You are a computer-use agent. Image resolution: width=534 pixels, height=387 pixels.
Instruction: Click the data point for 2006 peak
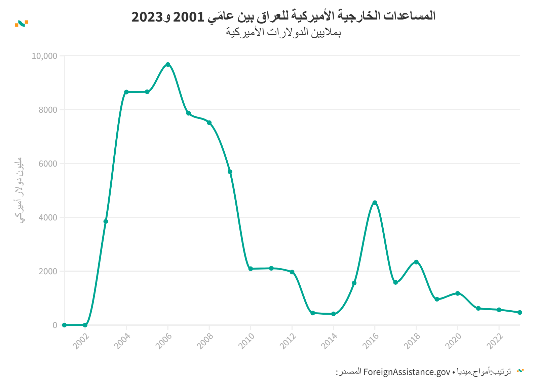tap(168, 64)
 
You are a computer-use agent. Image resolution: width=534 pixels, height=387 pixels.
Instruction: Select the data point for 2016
tap(375, 203)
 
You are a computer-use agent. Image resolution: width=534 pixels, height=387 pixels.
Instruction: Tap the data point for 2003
tap(106, 221)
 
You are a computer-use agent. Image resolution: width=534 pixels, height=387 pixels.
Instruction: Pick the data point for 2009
tap(230, 172)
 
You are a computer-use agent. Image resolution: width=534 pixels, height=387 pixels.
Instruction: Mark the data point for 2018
tap(416, 262)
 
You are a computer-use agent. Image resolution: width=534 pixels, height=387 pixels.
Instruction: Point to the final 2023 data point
tap(520, 312)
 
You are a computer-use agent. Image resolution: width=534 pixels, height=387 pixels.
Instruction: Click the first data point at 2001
tap(64, 325)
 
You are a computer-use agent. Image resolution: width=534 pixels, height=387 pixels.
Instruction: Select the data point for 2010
tap(251, 269)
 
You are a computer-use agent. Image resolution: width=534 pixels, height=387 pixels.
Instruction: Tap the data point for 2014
tap(333, 314)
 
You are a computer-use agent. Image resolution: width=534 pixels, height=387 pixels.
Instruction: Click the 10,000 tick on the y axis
tap(44, 56)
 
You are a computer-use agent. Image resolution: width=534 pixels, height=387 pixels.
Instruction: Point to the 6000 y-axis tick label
tap(48, 164)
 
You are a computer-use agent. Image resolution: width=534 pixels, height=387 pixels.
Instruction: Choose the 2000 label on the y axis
tap(48, 271)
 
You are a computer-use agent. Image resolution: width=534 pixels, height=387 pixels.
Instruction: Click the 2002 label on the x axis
tap(81, 341)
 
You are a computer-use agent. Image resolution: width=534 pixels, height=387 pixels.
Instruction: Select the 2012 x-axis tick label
tap(288, 341)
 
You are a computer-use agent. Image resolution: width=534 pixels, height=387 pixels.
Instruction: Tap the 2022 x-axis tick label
tap(495, 341)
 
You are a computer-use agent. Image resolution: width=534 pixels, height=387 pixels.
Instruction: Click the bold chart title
tap(283, 16)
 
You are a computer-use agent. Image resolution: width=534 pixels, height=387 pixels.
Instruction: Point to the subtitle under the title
tap(283, 32)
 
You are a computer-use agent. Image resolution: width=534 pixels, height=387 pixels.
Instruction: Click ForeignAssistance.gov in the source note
tap(407, 372)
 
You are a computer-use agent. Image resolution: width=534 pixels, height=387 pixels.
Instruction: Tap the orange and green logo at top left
tap(22, 24)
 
